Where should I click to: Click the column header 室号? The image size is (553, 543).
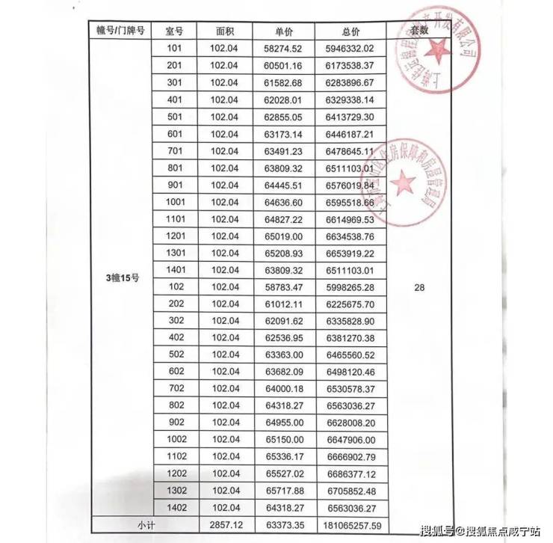click(175, 32)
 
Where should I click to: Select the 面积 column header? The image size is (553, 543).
click(224, 32)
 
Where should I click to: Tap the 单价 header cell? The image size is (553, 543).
click(282, 32)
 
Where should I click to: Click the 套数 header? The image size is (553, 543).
click(420, 31)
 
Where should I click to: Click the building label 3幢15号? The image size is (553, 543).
click(123, 278)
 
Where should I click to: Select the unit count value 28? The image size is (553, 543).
click(419, 286)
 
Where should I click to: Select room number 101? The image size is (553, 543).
click(175, 49)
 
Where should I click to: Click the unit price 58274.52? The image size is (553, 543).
click(282, 49)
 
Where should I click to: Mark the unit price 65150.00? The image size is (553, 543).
click(282, 439)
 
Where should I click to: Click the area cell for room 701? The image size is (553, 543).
click(224, 150)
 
